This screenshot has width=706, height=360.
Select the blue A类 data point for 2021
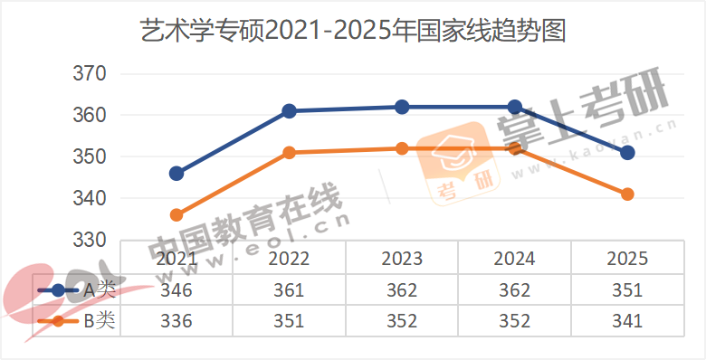176,174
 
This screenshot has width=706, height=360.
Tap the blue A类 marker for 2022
290,111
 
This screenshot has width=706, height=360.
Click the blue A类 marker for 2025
627,153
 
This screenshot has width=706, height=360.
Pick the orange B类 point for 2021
176,215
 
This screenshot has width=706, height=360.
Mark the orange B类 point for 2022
290,153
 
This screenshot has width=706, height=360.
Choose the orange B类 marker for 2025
627,194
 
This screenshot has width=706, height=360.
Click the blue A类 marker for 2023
402,107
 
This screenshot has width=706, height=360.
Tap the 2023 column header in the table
402,259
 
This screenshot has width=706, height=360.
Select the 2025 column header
627,259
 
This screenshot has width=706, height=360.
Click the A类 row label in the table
100,290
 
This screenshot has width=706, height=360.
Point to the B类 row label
100,321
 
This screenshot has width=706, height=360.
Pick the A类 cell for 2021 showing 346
176,290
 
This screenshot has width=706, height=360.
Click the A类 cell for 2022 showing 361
290,290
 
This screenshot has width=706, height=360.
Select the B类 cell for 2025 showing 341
627,321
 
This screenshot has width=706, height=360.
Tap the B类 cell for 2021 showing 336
176,321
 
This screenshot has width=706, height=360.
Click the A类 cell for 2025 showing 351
627,290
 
